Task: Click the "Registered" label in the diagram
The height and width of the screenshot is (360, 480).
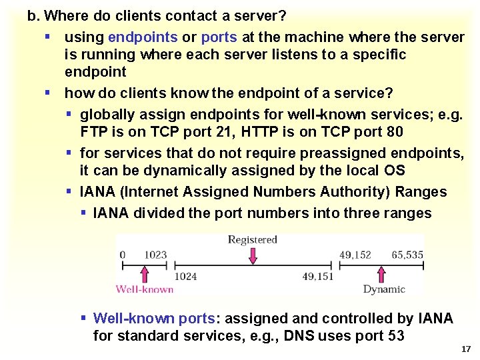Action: (x=252, y=239)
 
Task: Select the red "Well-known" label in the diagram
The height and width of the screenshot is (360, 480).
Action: (x=145, y=289)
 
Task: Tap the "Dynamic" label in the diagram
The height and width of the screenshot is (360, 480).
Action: (x=383, y=289)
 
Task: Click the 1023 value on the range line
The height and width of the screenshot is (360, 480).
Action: (x=155, y=253)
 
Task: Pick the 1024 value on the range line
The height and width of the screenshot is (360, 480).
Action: (x=185, y=275)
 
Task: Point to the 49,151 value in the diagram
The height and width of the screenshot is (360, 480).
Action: (x=319, y=275)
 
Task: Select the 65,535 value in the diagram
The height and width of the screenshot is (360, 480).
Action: (x=407, y=253)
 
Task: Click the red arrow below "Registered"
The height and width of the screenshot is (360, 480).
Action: (x=253, y=255)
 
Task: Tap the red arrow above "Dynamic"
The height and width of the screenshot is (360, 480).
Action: (x=382, y=274)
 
